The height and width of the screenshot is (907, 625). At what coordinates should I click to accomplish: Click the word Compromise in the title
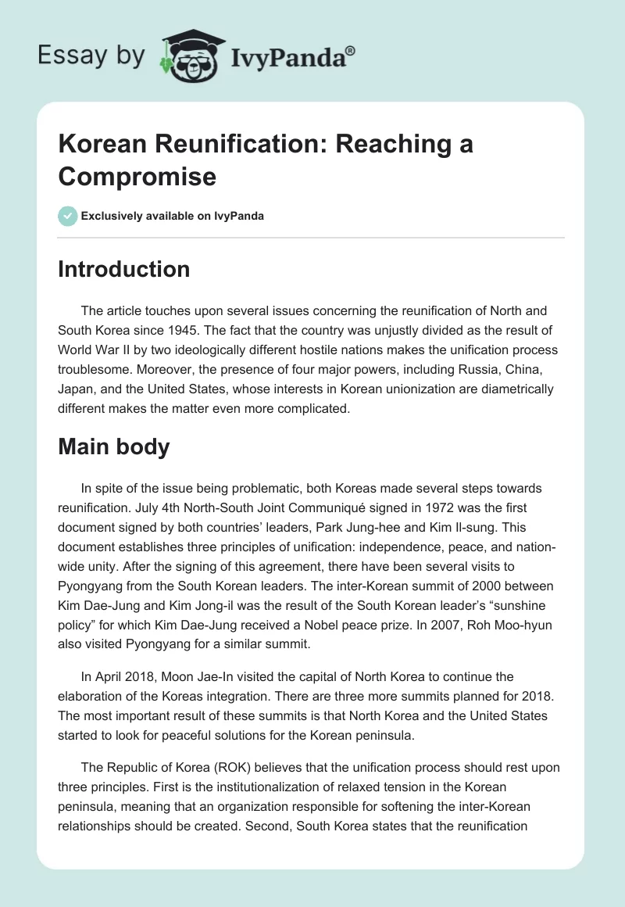click(x=137, y=176)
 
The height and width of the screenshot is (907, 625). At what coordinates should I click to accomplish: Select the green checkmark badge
click(x=67, y=216)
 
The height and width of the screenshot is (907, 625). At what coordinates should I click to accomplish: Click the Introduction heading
click(x=123, y=269)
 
